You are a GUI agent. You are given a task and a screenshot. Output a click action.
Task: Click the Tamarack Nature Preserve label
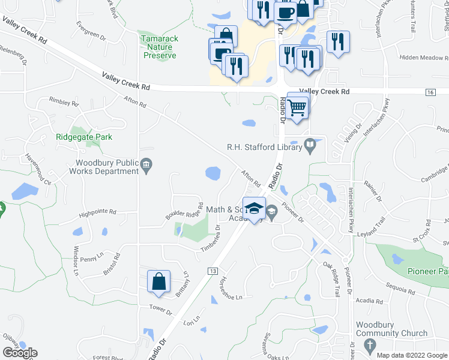160,46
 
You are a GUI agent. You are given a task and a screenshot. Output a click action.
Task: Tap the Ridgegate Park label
84,137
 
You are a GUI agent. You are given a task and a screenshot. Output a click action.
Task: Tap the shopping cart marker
297,107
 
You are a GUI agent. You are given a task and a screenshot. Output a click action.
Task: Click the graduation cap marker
255,209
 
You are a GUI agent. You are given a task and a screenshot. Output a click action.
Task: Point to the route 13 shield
212,272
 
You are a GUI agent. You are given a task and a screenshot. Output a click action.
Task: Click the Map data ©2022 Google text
411,355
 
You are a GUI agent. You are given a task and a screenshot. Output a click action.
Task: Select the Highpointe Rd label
97,212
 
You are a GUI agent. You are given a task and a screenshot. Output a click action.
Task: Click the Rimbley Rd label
64,102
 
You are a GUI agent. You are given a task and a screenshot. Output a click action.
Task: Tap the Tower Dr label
160,313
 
